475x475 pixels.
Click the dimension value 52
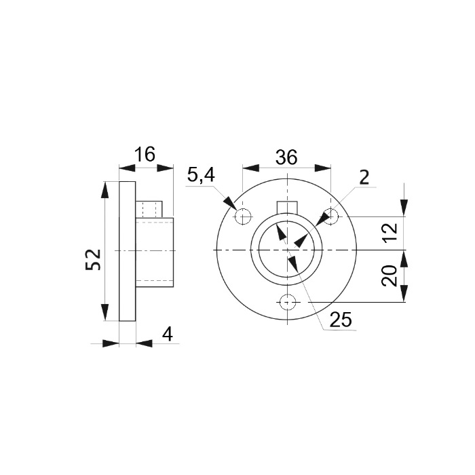(93, 259)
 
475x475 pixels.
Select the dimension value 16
(145, 155)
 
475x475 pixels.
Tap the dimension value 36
(286, 157)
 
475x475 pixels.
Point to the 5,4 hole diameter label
(201, 175)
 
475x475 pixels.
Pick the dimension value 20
(389, 275)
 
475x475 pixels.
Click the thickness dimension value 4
(168, 335)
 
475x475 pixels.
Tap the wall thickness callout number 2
(364, 177)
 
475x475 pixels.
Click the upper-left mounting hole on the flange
(243, 216)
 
